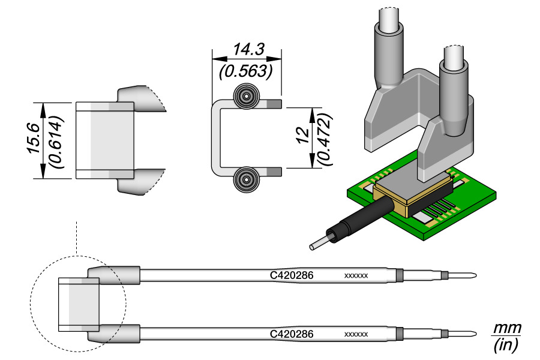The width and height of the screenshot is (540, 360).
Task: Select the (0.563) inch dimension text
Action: point(247,71)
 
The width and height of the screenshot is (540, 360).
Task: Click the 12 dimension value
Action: point(302,139)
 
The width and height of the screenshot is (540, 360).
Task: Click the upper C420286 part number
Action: point(292,276)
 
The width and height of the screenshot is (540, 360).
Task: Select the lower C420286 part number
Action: point(292,334)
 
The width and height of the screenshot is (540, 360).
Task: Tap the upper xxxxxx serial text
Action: point(356,276)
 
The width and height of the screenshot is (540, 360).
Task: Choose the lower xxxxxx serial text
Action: point(356,334)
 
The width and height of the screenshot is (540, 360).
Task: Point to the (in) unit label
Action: point(506,345)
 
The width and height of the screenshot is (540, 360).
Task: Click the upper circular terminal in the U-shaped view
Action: point(246,97)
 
